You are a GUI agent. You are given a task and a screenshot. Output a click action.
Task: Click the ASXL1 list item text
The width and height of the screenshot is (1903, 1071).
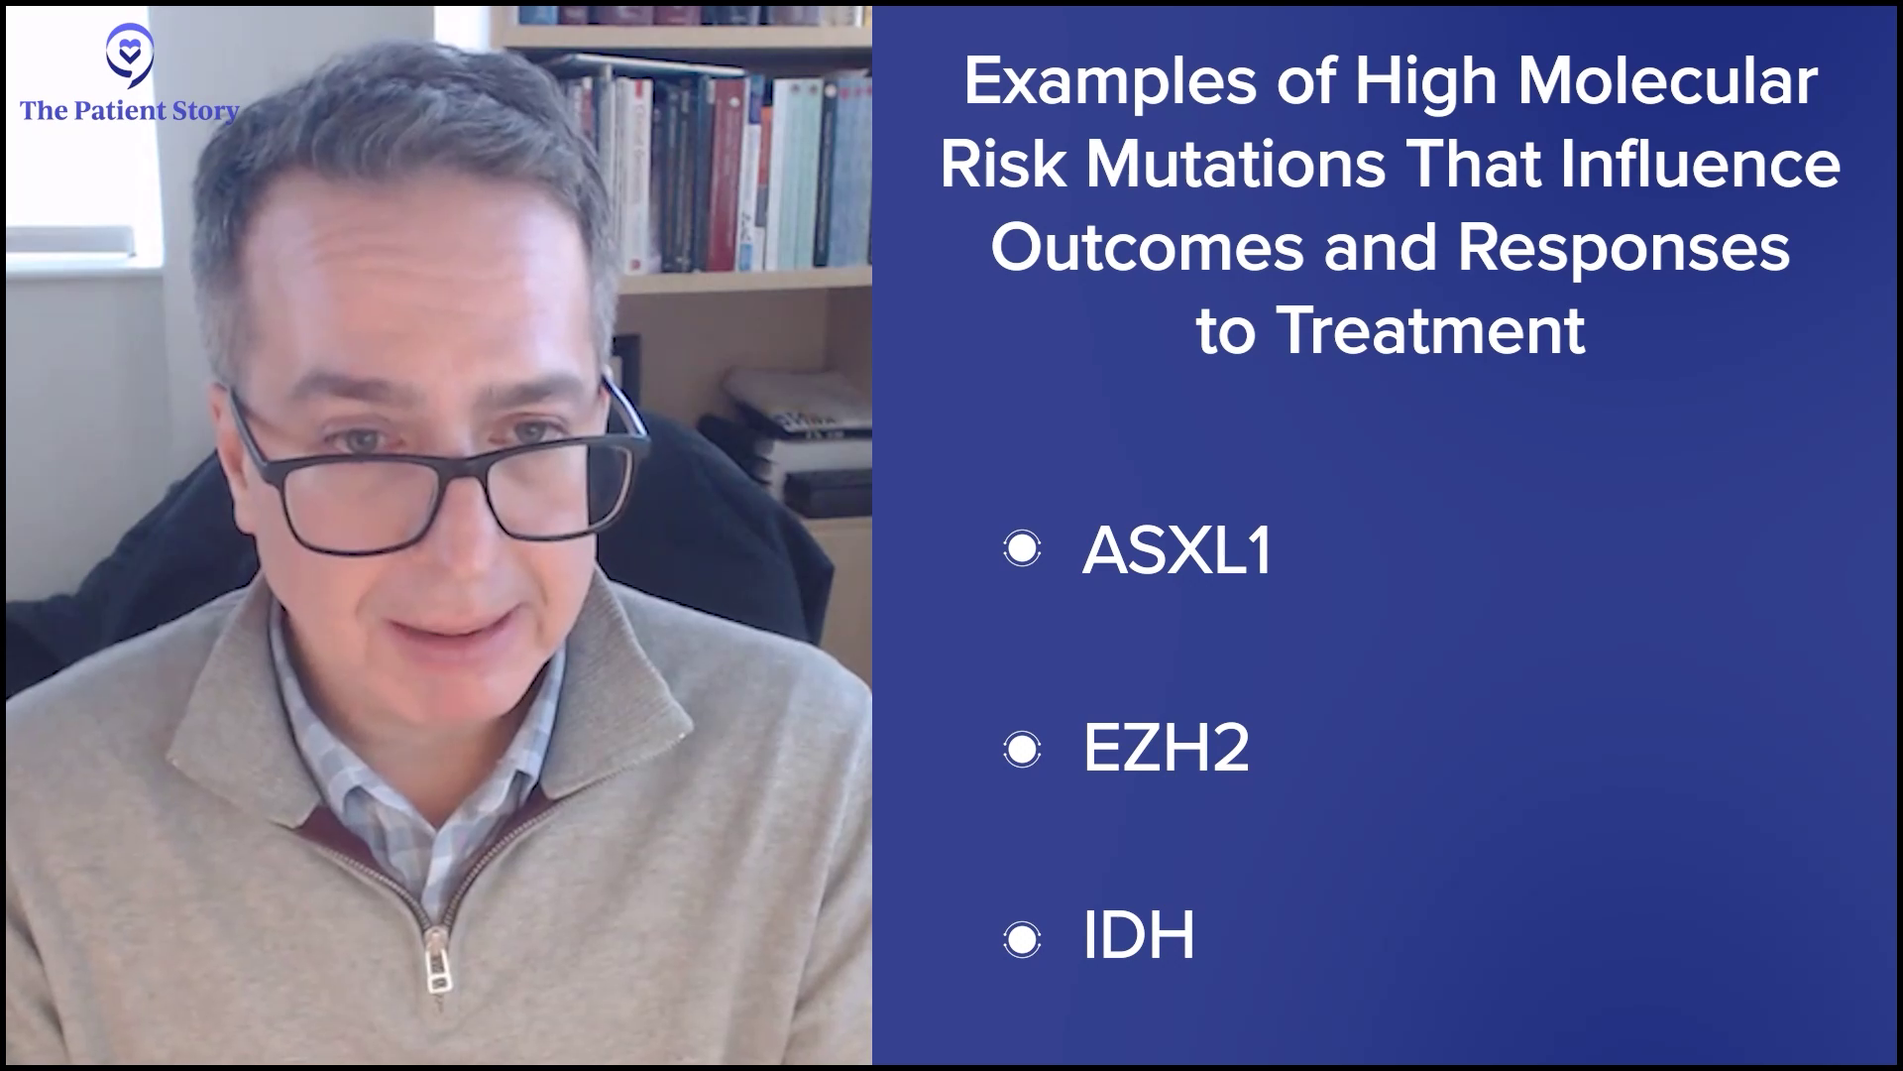click(x=1177, y=550)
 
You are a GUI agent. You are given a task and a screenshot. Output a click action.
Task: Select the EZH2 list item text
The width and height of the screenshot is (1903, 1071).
click(x=1166, y=748)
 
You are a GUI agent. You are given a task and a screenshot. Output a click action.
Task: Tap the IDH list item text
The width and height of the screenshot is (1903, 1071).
click(x=1139, y=934)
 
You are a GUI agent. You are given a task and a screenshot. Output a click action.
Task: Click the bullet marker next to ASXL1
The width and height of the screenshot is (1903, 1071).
click(x=1022, y=548)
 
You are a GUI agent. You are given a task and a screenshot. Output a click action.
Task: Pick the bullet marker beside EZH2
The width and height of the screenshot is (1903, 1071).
click(x=1022, y=749)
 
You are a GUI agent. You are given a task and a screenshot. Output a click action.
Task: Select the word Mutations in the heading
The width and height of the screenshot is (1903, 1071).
click(x=1236, y=164)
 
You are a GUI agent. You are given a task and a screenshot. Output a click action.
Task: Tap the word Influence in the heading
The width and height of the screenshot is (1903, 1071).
click(x=1702, y=164)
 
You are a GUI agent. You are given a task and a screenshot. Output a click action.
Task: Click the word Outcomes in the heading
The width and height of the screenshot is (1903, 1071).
click(x=1148, y=247)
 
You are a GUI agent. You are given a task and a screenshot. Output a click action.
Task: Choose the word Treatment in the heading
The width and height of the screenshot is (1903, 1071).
click(x=1432, y=330)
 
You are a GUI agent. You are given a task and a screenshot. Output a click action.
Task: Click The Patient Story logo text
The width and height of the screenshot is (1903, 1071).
click(x=130, y=111)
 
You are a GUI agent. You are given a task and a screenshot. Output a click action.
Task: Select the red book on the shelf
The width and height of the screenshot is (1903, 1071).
click(x=728, y=174)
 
